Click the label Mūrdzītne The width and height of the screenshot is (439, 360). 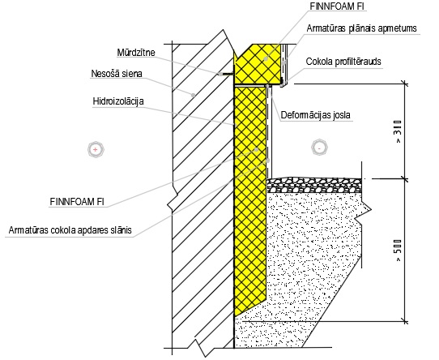[x=136, y=53]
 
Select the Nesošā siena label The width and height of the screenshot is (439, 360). [x=117, y=74]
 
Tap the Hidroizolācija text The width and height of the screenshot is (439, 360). [x=118, y=101]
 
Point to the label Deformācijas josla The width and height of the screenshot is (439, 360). [x=316, y=115]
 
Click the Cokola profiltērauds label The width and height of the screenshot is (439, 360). [x=343, y=62]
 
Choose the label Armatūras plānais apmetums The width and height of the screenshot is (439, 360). [x=362, y=28]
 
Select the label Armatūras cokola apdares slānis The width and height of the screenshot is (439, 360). [x=70, y=230]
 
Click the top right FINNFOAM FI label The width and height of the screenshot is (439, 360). [x=337, y=6]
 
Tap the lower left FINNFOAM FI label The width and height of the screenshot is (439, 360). [x=77, y=202]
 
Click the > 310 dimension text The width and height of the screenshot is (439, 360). [x=399, y=131]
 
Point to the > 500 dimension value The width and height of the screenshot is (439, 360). [x=399, y=251]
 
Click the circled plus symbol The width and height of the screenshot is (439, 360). [x=96, y=149]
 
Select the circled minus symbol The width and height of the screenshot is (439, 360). [x=319, y=147]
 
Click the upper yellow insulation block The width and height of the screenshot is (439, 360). [x=258, y=64]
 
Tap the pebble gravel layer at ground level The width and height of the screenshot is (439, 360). [x=314, y=185]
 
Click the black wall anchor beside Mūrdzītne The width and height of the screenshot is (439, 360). [x=226, y=75]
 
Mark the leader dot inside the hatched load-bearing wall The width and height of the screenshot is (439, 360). [x=194, y=95]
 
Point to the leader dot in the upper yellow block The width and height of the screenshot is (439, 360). [x=266, y=59]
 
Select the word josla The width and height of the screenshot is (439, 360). [x=340, y=115]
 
